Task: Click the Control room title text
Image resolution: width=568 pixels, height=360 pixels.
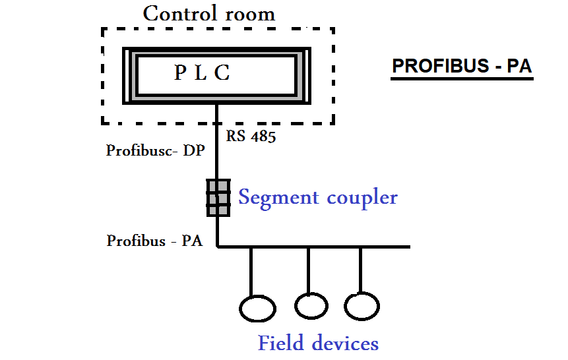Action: pos(208,13)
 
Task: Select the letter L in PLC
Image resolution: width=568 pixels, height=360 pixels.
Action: pos(202,73)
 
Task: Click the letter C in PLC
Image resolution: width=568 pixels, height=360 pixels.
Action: pos(222,73)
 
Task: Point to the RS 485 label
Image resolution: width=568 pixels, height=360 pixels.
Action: pos(251,137)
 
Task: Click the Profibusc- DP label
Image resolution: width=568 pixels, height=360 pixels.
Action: pos(156,150)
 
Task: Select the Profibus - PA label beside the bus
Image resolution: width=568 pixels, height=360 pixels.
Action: pos(154,241)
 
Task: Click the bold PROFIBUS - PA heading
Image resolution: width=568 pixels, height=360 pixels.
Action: pos(462,67)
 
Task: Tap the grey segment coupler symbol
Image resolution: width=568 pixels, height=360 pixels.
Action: pos(218,197)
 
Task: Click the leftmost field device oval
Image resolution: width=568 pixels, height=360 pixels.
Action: pos(256,309)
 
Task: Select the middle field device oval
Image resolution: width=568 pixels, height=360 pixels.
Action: pos(311,305)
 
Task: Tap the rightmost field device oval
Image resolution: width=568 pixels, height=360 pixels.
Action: pos(362,307)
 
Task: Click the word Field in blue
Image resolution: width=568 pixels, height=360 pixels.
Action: pos(282,344)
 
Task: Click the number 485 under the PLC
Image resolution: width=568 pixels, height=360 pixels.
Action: pos(263,137)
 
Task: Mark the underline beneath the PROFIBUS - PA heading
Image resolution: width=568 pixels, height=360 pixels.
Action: pos(462,79)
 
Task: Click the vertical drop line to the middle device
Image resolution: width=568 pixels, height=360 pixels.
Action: pos(309,270)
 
